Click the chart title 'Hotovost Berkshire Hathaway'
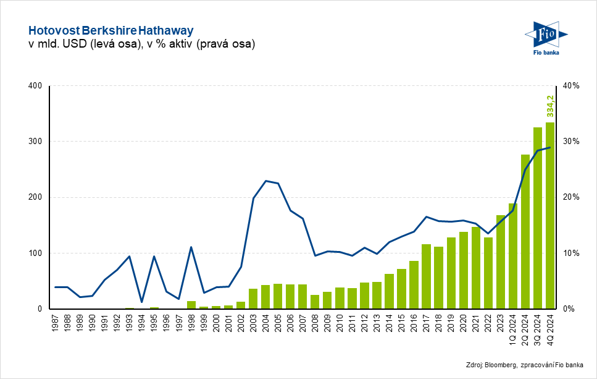tap(111, 30)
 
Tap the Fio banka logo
tap(545, 38)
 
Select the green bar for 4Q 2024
tap(549, 216)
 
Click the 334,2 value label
tap(550, 106)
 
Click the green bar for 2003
tap(253, 299)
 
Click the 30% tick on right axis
tap(570, 142)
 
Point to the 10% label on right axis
tap(570, 253)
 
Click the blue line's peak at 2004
tap(265, 181)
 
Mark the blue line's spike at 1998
tap(191, 247)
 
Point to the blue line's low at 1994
tap(142, 302)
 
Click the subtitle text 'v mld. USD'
tap(55, 44)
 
